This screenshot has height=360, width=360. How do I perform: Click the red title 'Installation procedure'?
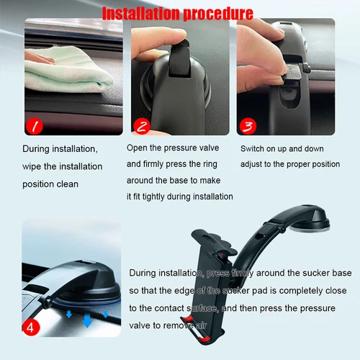point(177,14)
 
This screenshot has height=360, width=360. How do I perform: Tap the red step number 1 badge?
point(35,127)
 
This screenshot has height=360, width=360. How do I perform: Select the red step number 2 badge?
point(141,127)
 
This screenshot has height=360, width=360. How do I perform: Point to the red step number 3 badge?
point(248,127)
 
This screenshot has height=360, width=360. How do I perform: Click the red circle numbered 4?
point(31,326)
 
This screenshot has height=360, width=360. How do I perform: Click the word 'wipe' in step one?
point(35,166)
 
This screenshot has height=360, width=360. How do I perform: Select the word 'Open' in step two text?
point(139,148)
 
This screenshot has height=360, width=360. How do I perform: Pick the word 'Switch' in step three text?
point(253,148)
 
